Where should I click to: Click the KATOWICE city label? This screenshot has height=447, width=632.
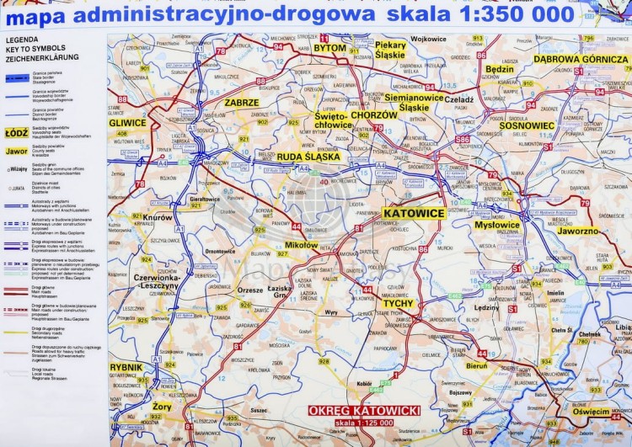click(x=413, y=213)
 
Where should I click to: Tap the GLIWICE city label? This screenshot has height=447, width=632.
click(x=127, y=122)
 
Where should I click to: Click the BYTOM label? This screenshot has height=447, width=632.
click(x=329, y=48)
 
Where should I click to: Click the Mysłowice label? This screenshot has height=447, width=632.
click(x=496, y=225)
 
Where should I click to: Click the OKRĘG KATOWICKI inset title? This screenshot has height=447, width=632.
click(x=365, y=410)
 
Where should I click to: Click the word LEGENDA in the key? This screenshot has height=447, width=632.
click(x=22, y=40)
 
